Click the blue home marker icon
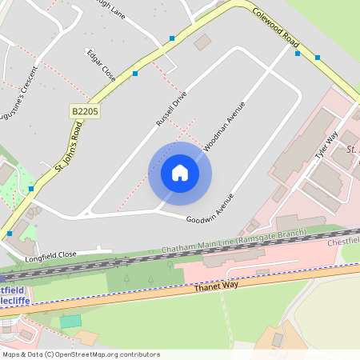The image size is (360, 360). point(180,173)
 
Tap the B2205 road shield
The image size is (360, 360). point(84,112)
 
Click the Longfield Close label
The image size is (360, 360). point(50,255)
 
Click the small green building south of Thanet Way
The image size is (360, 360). point(70,321)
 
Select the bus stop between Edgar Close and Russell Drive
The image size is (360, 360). point(135,74)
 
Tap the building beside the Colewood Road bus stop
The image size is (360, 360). point(202,42)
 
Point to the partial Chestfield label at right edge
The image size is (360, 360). point(345,241)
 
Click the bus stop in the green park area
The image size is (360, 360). point(30,189)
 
